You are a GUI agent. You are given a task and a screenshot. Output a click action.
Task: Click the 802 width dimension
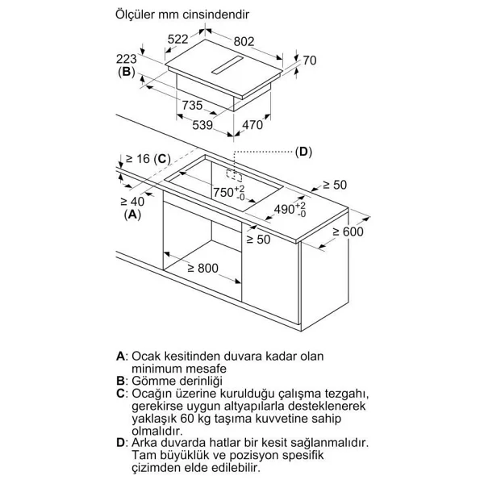(x=244, y=41)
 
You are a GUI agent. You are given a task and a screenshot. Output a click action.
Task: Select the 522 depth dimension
(x=177, y=40)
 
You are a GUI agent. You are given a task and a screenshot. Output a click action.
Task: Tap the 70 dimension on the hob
(x=310, y=60)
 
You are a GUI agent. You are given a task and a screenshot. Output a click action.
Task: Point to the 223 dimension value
(x=127, y=59)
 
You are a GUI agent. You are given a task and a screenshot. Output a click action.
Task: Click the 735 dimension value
(x=192, y=105)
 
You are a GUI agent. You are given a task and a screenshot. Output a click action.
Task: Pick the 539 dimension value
(x=202, y=125)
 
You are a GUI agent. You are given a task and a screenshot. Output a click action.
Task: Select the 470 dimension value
(x=252, y=125)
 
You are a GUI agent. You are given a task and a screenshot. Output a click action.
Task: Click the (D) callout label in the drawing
(x=303, y=152)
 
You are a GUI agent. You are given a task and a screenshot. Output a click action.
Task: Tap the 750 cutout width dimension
(x=229, y=193)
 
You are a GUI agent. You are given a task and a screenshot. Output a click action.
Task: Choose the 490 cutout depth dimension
(x=290, y=210)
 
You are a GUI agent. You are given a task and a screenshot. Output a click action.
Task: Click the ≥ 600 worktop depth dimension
(x=348, y=232)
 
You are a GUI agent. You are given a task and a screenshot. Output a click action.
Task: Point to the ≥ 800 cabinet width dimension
(x=202, y=269)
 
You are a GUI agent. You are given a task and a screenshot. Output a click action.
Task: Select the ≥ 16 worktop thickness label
(x=138, y=159)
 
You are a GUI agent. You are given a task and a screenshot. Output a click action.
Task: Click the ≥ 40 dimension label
(x=132, y=202)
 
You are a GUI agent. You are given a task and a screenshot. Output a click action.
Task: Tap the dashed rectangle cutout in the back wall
(x=234, y=175)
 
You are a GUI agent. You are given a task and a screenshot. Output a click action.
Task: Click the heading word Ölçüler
(x=136, y=15)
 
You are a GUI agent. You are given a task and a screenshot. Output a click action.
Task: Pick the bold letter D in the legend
(x=120, y=443)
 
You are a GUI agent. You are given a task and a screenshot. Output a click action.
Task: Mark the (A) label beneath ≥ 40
(x=132, y=215)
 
